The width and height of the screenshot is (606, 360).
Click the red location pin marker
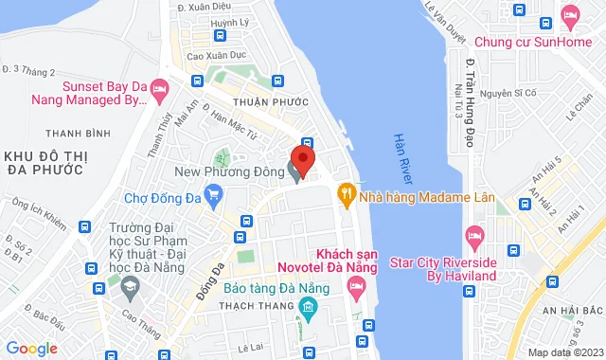302,157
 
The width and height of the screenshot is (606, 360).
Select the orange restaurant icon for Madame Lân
347,194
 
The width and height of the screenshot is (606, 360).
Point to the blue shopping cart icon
213,199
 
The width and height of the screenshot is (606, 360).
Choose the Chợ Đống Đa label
163,199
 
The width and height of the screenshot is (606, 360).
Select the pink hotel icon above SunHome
569,15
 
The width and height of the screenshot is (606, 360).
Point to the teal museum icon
307,306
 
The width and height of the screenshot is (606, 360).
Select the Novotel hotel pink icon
357,293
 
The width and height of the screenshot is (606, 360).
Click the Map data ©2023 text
564,352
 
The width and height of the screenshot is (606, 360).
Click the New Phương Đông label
232,172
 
